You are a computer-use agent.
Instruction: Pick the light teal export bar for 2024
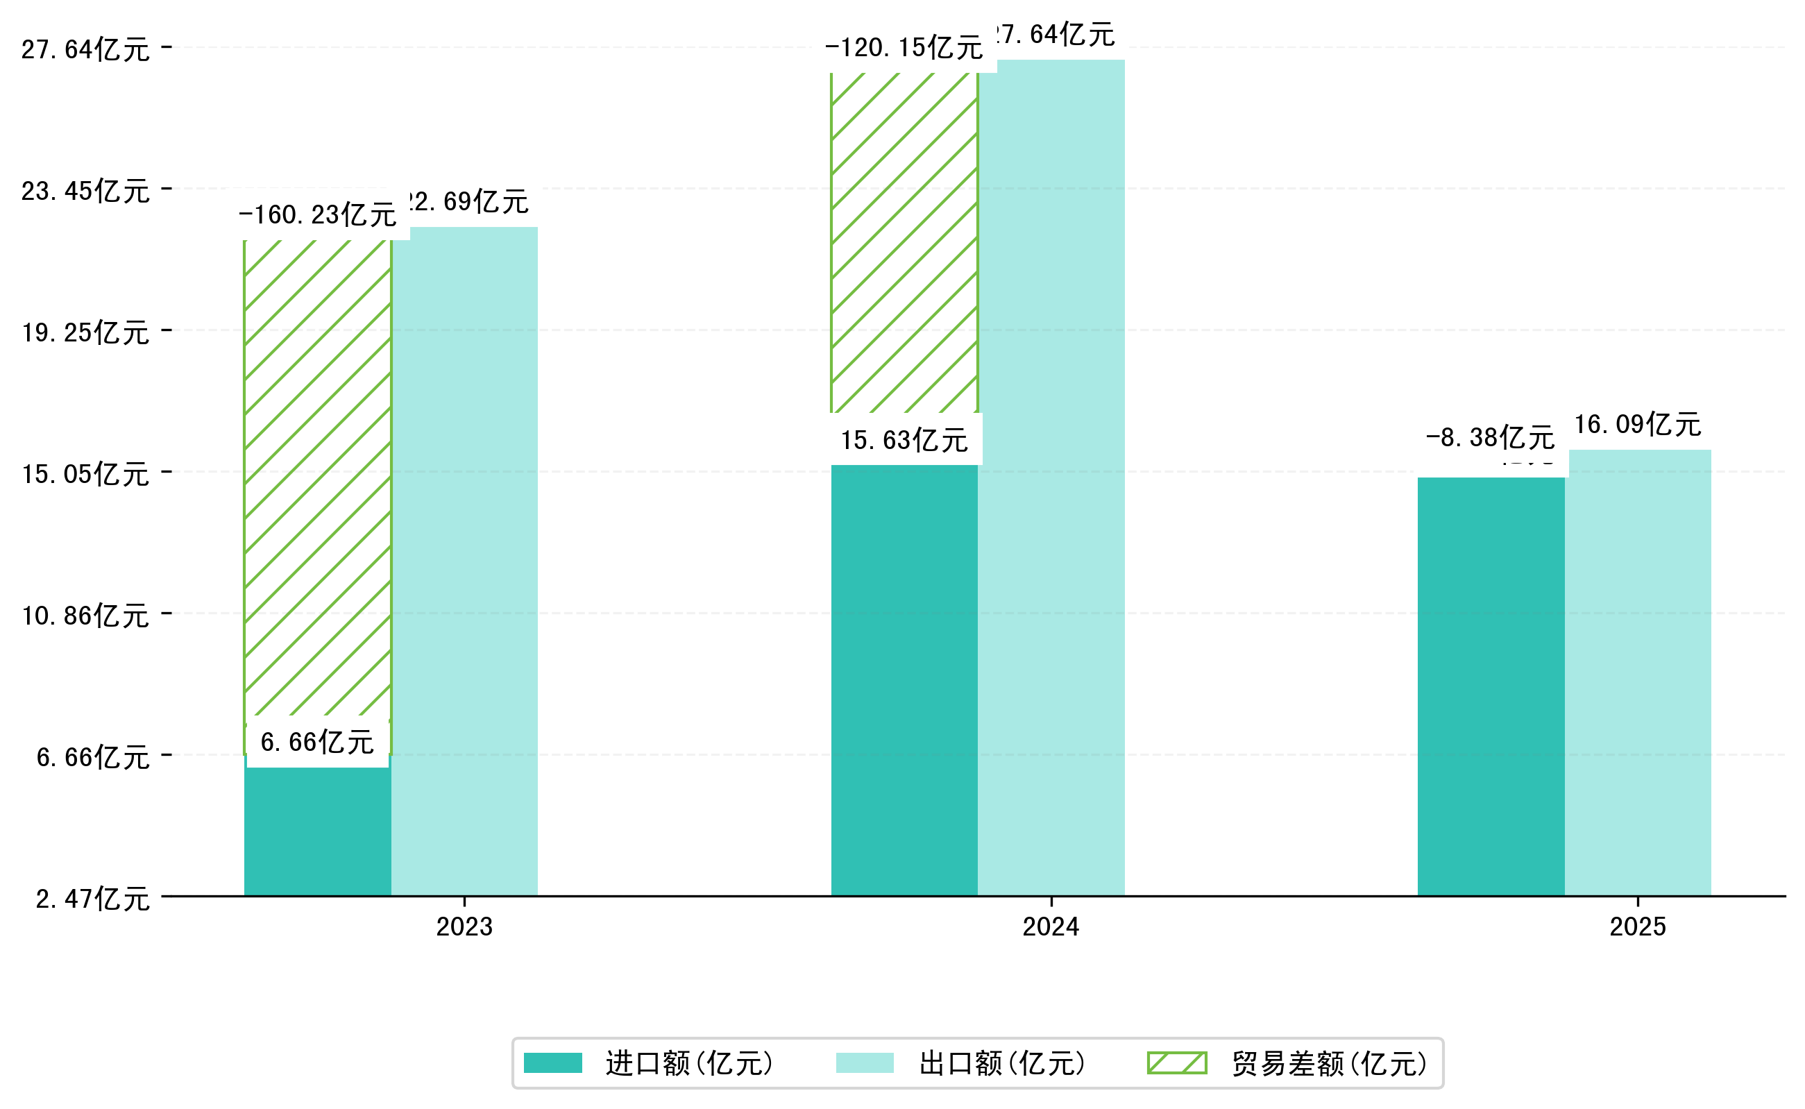click(1051, 477)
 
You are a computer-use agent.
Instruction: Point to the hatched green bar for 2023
click(317, 477)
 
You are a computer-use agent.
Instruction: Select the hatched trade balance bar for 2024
click(904, 242)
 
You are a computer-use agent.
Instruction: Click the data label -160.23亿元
click(318, 215)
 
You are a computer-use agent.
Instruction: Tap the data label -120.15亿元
click(904, 49)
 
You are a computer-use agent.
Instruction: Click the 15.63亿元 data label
click(904, 440)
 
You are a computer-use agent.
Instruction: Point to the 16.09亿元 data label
click(1637, 425)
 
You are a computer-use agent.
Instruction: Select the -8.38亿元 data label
click(1490, 438)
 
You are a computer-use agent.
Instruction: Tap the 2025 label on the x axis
click(1637, 927)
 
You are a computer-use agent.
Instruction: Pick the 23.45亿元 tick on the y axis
click(85, 192)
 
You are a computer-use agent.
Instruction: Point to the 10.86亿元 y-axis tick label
click(85, 616)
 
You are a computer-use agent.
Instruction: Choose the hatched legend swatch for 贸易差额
click(1176, 1063)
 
